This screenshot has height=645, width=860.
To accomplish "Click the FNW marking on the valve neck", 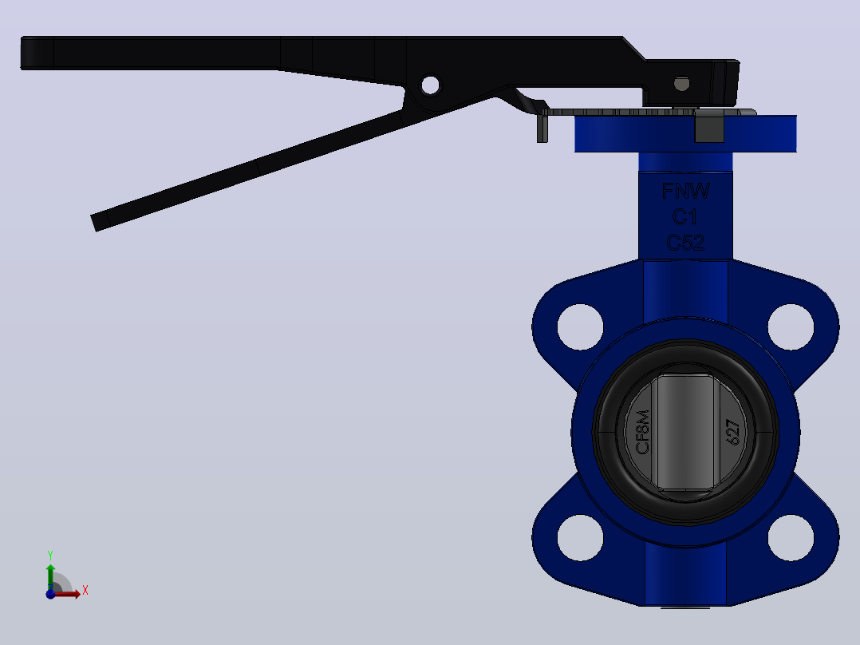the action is coord(685,191).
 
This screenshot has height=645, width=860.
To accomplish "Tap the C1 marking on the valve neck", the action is coord(685,217).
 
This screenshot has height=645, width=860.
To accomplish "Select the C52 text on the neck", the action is coord(685,242).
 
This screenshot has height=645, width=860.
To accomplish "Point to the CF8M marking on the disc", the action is coord(642,432).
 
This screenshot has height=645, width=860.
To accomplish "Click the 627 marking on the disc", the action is coord(732,432).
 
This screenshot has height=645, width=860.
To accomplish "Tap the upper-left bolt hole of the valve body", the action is coord(580,326).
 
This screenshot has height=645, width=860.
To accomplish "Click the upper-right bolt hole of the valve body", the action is coord(791,326).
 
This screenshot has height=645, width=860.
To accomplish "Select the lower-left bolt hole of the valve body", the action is coord(580,537).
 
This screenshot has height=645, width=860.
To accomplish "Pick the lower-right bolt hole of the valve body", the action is coord(791,537).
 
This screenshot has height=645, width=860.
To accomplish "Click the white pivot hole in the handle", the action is coord(431,85).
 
